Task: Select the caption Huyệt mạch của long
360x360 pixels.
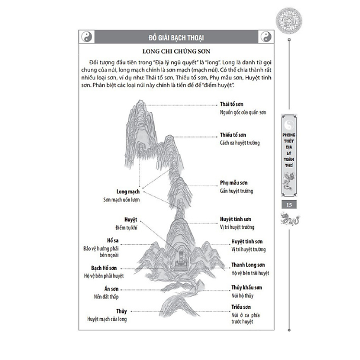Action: (107, 319)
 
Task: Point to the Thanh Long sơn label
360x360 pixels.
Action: (248, 264)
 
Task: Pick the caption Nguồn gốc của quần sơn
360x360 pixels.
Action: (243, 112)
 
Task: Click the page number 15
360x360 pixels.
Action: (289, 204)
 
